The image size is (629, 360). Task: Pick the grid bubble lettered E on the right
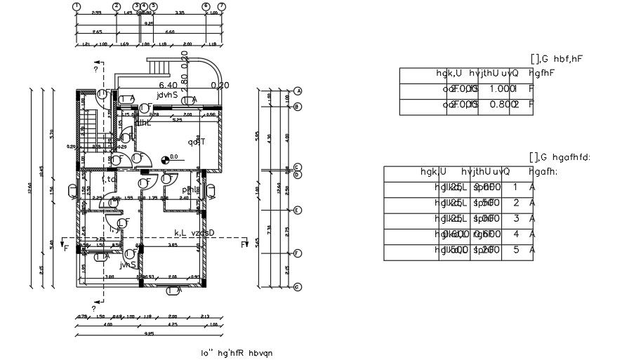pyautogui.click(x=298, y=211)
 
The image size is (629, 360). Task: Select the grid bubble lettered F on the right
pyautogui.click(x=298, y=253)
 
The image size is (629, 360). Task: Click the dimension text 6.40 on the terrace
pyautogui.click(x=168, y=85)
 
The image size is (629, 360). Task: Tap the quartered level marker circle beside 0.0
pyautogui.click(x=166, y=158)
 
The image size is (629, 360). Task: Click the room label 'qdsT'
pyautogui.click(x=196, y=142)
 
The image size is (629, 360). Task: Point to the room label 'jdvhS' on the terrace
pyautogui.click(x=169, y=93)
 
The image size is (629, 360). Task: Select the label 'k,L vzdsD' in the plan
pyautogui.click(x=194, y=232)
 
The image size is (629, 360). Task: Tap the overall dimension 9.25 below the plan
pyautogui.click(x=149, y=333)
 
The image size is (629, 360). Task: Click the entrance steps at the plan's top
pyautogui.click(x=161, y=67)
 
